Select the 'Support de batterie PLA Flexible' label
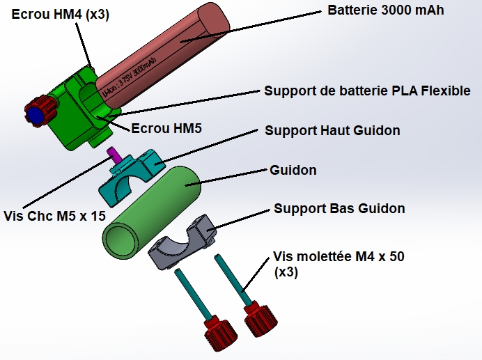367,91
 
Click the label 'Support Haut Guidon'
332,130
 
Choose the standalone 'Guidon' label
293,171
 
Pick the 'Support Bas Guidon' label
339,208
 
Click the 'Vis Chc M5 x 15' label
54,216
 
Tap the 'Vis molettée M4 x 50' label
339,256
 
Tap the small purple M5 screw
111,152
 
